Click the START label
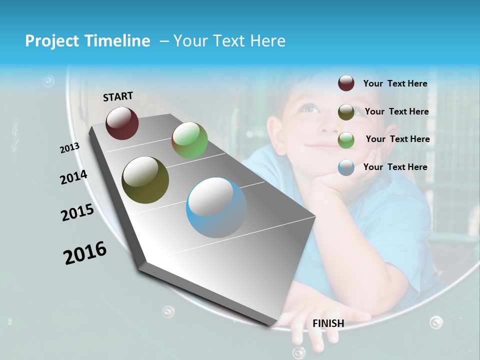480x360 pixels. tap(118, 96)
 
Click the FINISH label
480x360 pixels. tap(328, 323)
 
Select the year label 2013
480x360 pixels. tap(70, 148)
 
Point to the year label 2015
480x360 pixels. tap(77, 212)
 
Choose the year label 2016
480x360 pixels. tap(85, 253)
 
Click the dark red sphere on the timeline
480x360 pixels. tap(122, 123)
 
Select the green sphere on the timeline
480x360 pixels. tap(189, 140)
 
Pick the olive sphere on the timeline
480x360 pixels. tap(145, 180)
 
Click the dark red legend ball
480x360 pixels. tap(346, 83)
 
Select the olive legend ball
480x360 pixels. tap(346, 112)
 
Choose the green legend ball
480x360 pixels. tap(346, 140)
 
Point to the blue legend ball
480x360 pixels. tap(346, 167)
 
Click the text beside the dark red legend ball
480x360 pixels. tap(395, 84)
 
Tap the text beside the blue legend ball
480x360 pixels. tap(395, 167)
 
